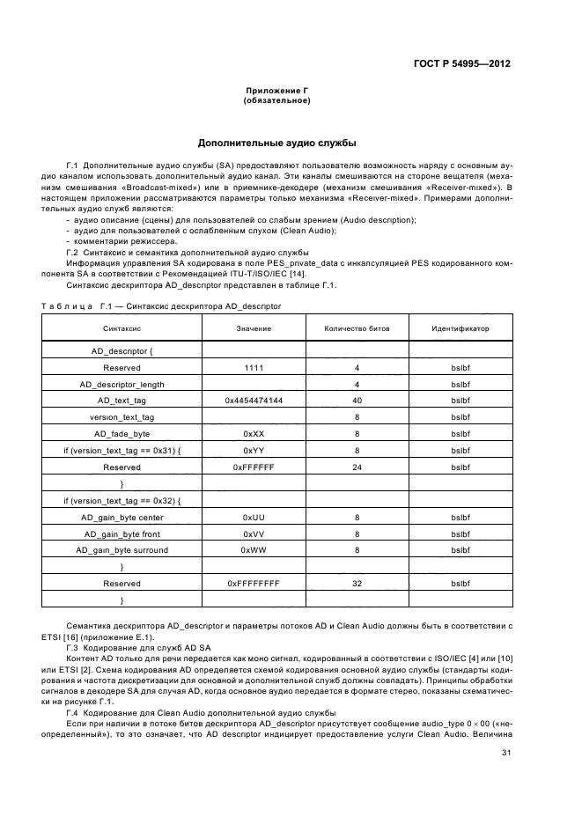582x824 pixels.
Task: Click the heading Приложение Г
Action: [276, 92]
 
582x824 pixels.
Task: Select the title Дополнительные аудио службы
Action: [276, 143]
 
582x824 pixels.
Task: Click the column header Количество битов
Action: [357, 327]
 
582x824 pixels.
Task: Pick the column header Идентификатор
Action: [460, 327]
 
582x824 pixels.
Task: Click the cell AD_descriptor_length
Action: [122, 384]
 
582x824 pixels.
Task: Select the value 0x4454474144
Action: [254, 401]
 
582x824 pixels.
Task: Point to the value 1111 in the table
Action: [254, 367]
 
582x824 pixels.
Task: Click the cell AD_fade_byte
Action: [122, 434]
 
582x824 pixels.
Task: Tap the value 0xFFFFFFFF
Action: [254, 583]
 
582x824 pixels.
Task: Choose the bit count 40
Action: [357, 401]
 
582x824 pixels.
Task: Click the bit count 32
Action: [357, 583]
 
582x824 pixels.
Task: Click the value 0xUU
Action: [254, 517]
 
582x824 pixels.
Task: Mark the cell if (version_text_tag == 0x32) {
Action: [122, 500]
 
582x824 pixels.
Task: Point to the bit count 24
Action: [357, 467]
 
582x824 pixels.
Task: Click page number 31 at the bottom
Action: [505, 753]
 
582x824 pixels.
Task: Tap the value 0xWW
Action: [254, 550]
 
